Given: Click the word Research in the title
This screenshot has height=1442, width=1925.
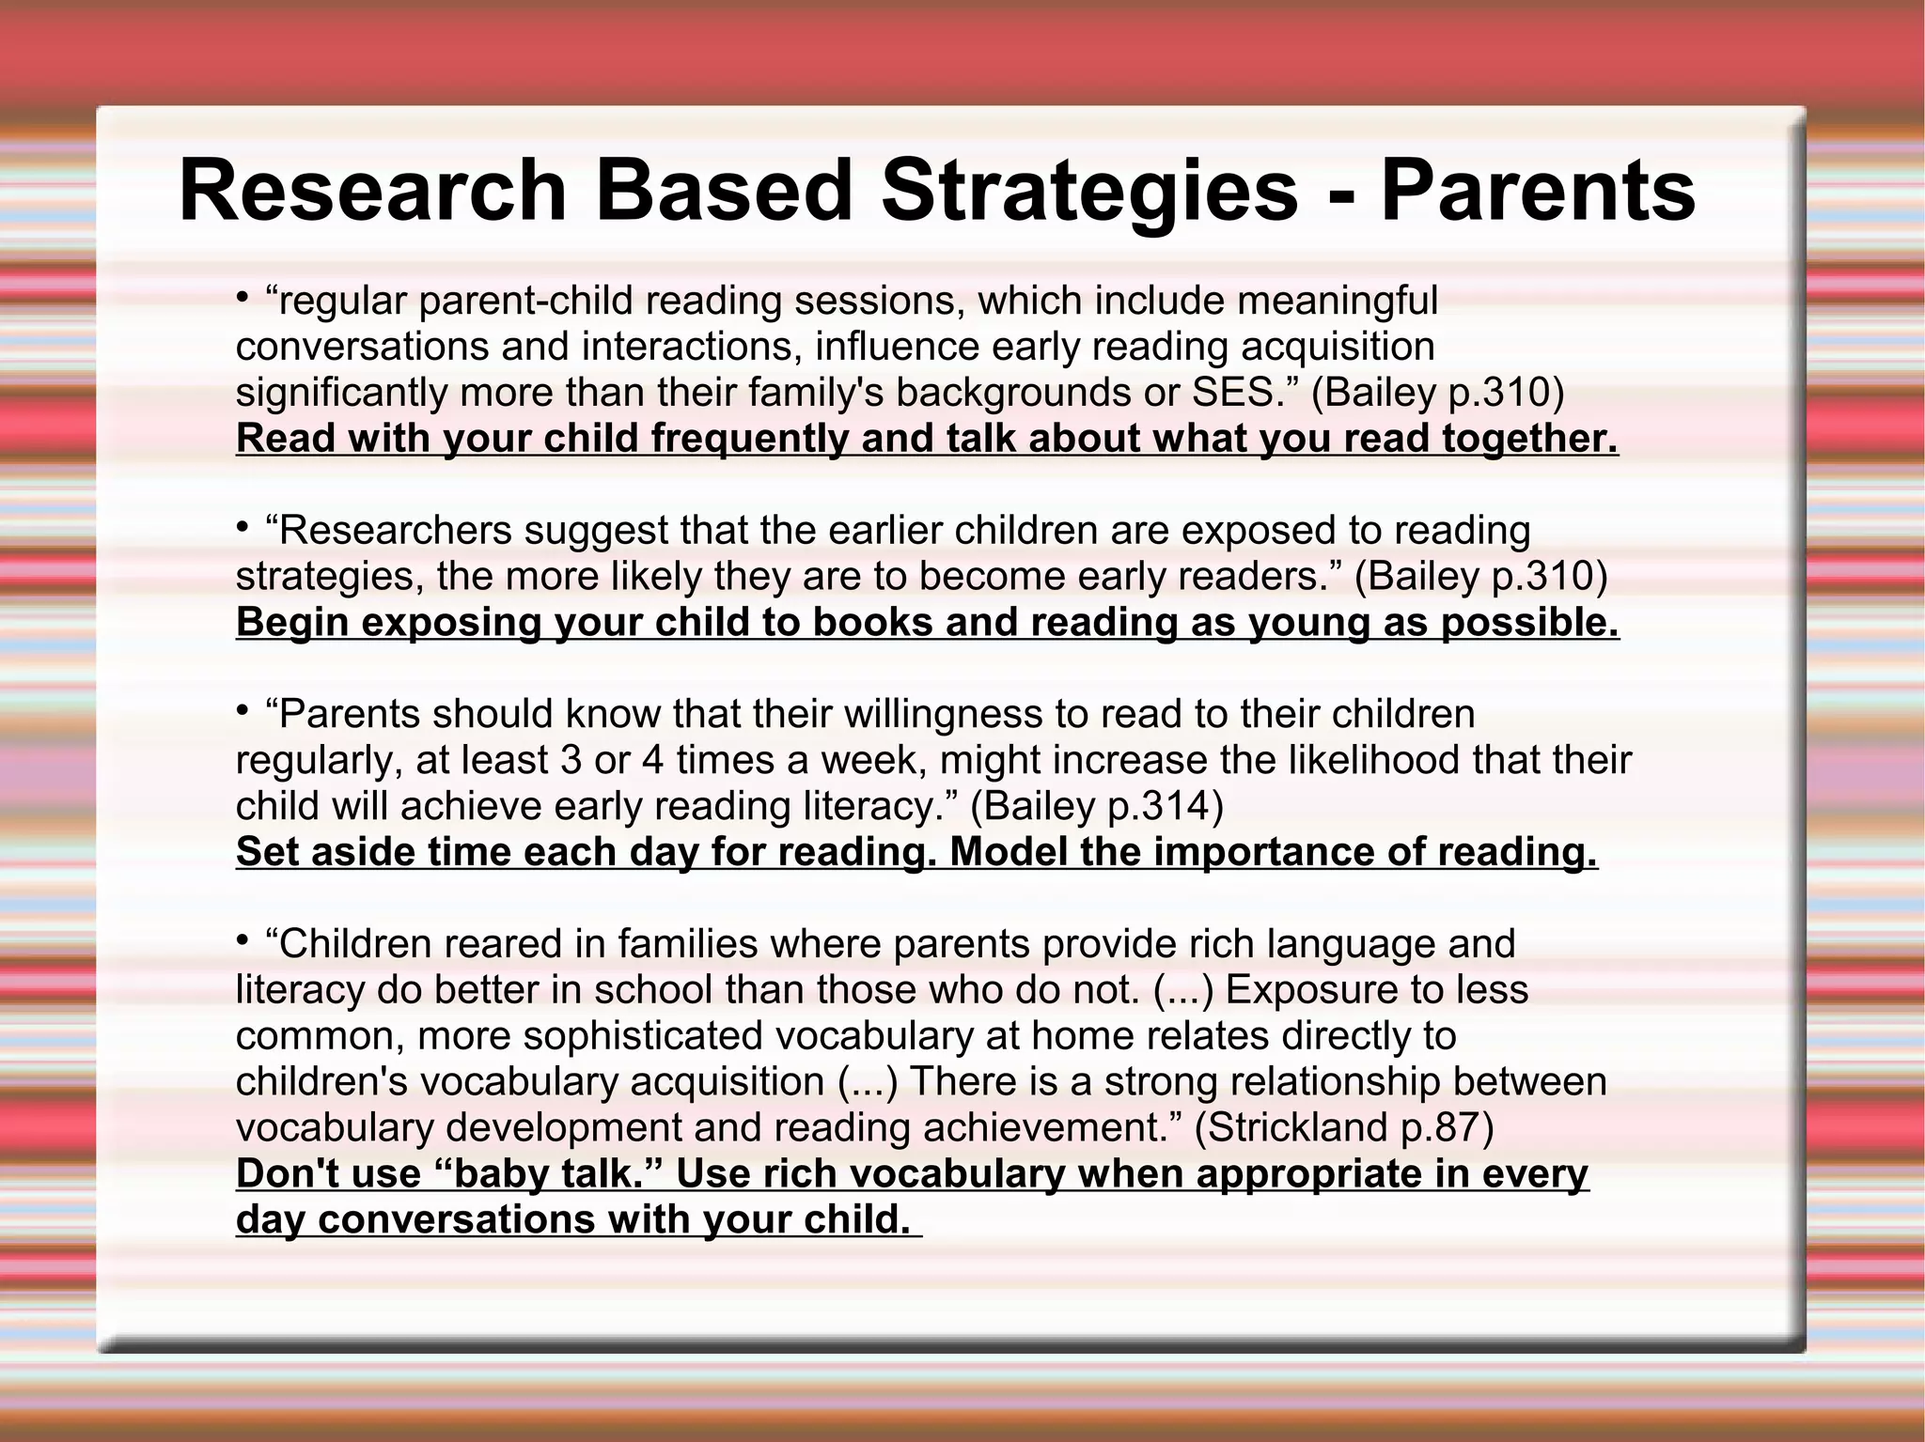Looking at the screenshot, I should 373,192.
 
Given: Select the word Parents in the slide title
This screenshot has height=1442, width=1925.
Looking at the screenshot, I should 1538,192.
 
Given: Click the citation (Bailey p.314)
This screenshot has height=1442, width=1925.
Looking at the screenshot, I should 1097,806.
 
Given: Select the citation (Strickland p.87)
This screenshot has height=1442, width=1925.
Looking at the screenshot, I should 1343,1127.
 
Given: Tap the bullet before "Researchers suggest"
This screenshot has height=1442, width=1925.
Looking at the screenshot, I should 243,529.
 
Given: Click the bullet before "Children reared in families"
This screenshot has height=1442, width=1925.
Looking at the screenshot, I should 243,941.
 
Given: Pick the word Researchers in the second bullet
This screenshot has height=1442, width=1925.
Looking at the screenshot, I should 395,531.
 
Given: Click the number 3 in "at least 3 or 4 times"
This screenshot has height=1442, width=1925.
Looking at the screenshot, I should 571,760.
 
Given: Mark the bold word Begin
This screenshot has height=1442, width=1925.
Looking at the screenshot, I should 292,623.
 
